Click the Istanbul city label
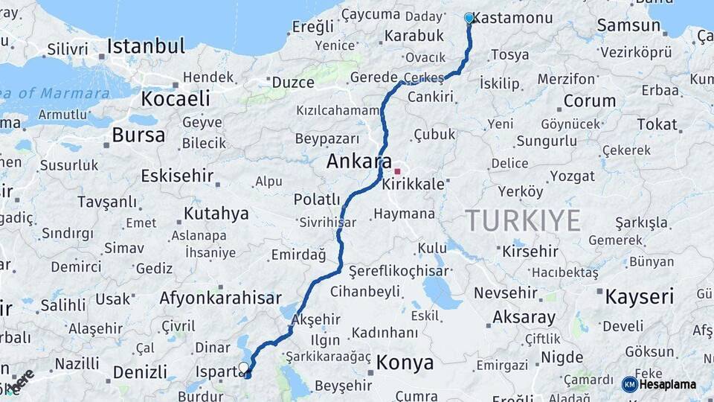[x=146, y=46]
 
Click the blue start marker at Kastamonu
[x=469, y=18]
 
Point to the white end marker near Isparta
[x=243, y=367]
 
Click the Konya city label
[x=405, y=363]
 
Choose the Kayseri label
[x=639, y=297]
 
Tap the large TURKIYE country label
[x=523, y=220]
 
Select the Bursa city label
[x=138, y=135]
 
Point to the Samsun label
[x=628, y=25]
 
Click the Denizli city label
[x=140, y=371]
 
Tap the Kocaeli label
[x=176, y=98]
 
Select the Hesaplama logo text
[x=668, y=385]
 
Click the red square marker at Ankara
[x=397, y=171]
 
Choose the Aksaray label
[x=524, y=317]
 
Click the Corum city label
[x=590, y=100]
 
